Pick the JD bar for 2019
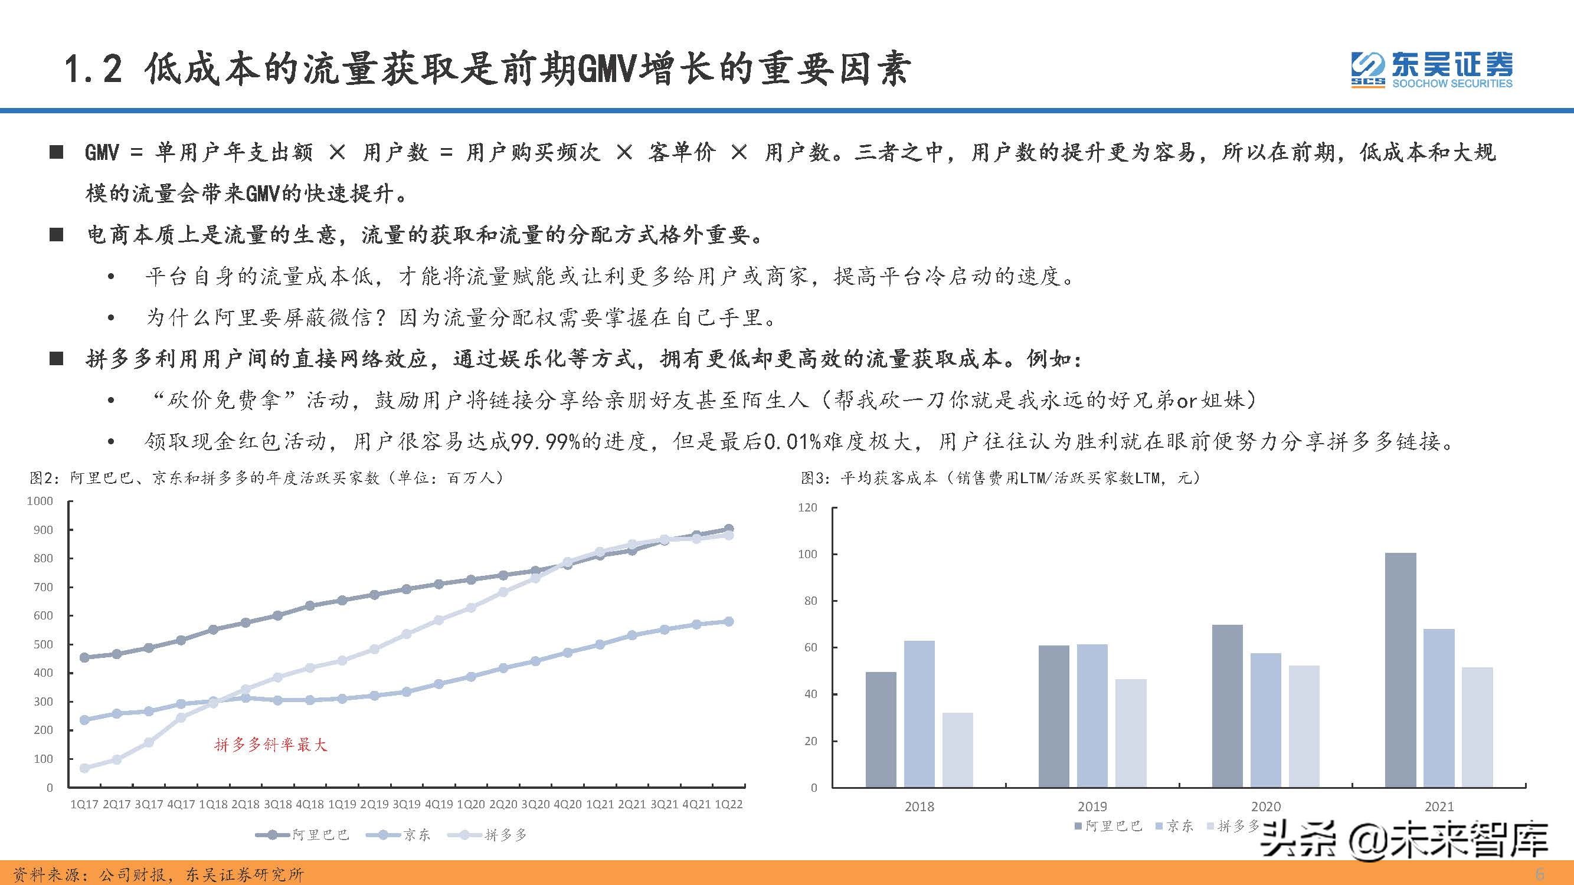click(x=1092, y=715)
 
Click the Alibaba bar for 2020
click(x=1227, y=706)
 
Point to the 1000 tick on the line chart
click(x=40, y=501)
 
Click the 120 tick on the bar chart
click(x=807, y=507)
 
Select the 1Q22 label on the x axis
click(x=728, y=804)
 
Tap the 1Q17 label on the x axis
click(x=84, y=804)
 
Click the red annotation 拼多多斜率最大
click(x=271, y=745)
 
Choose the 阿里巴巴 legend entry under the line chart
click(x=303, y=835)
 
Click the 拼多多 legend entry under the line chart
click(x=488, y=835)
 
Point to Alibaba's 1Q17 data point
click(x=84, y=658)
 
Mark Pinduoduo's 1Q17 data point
click(x=84, y=768)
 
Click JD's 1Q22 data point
click(x=728, y=622)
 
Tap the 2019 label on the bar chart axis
click(x=1092, y=806)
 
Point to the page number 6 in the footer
click(x=1540, y=874)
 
